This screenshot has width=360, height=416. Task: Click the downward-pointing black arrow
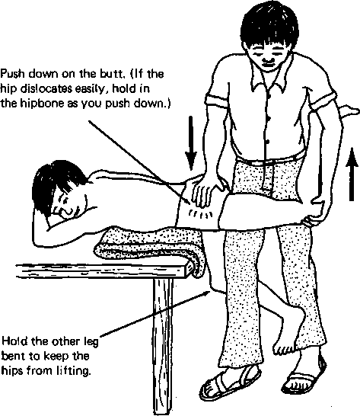(191, 142)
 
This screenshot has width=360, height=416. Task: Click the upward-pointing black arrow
(352, 174)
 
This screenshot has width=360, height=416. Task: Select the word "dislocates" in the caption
(46, 88)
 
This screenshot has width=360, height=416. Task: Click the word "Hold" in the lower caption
(14, 341)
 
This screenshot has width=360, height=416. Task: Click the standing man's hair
(269, 25)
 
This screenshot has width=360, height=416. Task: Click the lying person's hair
(56, 181)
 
